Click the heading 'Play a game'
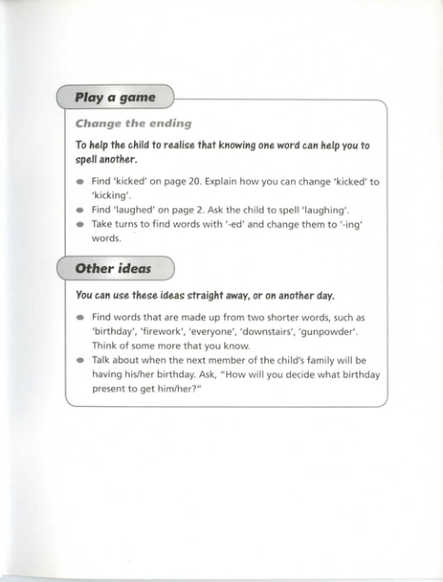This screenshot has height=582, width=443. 115,98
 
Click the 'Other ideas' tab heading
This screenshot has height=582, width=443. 113,268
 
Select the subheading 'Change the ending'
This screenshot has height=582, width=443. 133,123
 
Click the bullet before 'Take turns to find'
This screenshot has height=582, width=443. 81,224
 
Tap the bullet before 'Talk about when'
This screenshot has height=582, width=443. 81,360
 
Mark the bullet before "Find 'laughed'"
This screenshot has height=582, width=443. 81,209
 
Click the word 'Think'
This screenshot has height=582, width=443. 106,346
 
